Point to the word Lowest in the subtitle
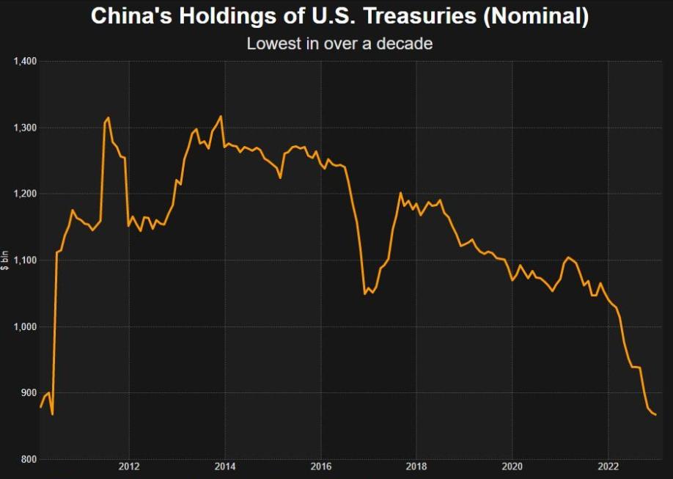point(272,43)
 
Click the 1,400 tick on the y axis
point(24,62)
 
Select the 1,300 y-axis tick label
point(24,128)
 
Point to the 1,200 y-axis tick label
point(24,194)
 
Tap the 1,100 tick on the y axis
point(24,260)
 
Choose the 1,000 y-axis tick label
point(24,326)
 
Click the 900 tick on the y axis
point(28,393)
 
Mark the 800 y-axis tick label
point(28,459)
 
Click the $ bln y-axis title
point(6,260)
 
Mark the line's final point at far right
point(655,415)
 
